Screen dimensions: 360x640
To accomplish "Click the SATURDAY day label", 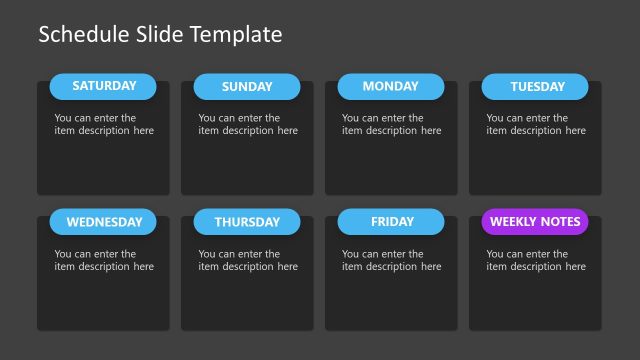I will (x=103, y=86).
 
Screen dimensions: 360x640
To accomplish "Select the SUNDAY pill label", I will (x=247, y=87).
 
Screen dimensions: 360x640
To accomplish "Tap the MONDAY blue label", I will (x=390, y=86).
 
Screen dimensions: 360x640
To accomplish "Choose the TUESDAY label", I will (x=537, y=87).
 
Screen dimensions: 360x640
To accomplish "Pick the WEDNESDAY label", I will (x=104, y=222).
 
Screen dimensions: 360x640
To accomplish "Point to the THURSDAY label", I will (x=247, y=222).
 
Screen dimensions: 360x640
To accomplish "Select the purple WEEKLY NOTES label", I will (x=535, y=222).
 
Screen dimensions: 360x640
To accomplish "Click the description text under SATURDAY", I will (x=104, y=124).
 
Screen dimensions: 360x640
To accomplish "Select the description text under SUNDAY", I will (x=248, y=124).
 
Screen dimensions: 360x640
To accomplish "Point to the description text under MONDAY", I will (x=391, y=124).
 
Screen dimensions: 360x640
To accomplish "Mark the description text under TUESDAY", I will (x=536, y=124).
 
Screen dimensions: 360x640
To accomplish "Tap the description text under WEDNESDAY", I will (x=104, y=260).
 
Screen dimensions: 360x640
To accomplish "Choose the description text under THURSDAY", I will (x=248, y=260).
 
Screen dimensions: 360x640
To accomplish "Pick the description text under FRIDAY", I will (x=391, y=260).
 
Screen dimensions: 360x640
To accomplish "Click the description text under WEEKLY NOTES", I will (x=536, y=260).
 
